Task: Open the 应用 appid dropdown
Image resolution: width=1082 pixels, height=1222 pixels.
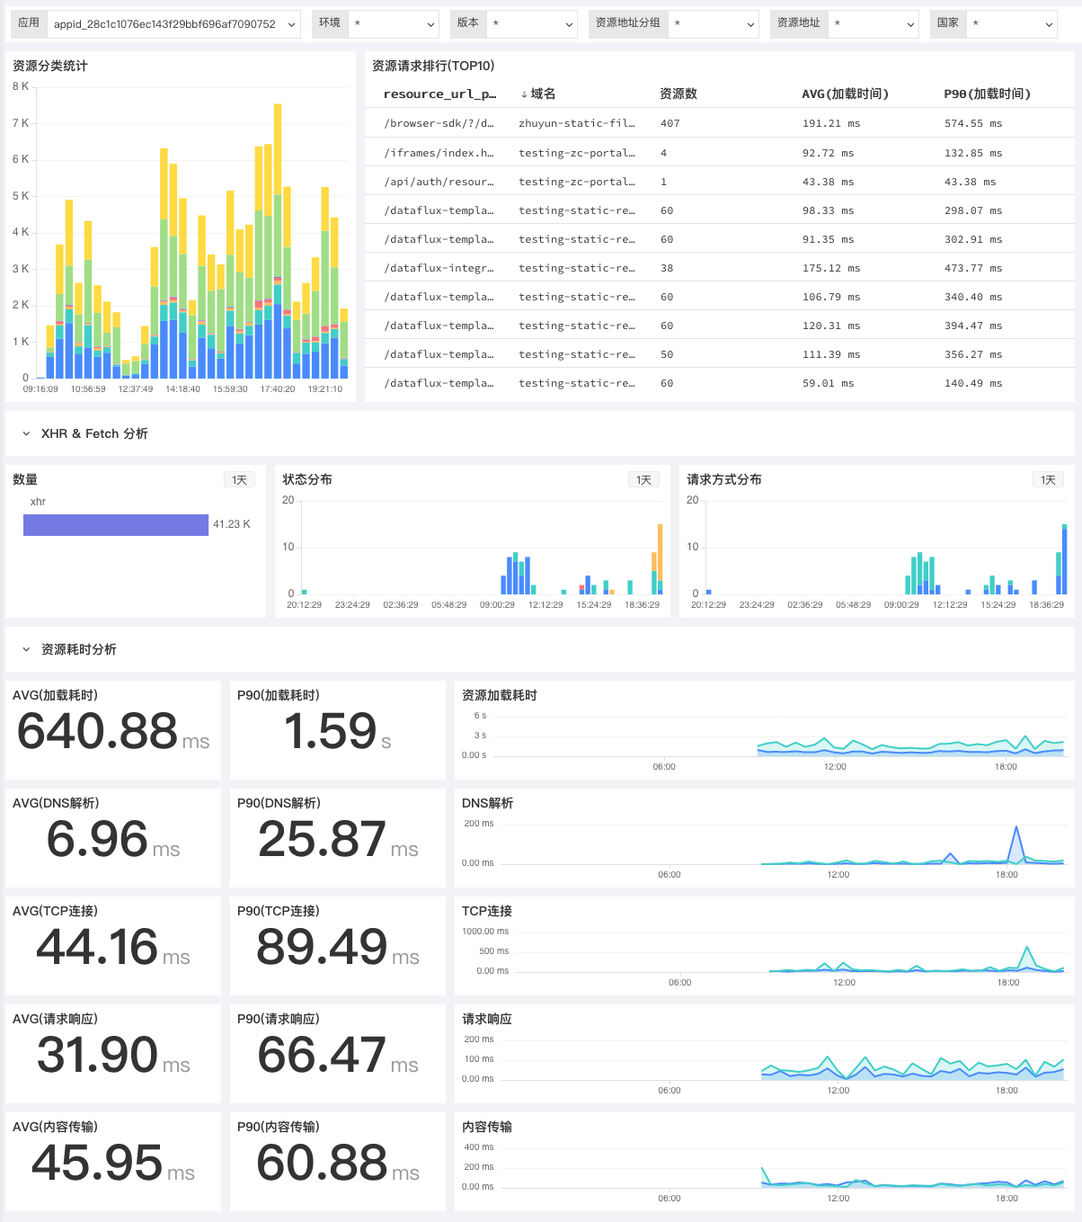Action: pos(173,24)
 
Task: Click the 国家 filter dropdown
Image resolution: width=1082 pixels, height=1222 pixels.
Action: pos(1012,24)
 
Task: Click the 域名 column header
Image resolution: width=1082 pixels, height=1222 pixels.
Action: pos(543,94)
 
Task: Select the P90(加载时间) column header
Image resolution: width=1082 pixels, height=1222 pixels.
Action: pos(987,94)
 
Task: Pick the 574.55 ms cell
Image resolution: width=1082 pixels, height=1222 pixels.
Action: pos(973,123)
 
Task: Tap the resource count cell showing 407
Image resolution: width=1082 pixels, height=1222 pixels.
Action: pos(670,123)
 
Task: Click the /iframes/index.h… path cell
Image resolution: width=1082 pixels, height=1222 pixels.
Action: pos(439,153)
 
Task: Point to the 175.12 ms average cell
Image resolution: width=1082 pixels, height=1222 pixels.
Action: pos(830,268)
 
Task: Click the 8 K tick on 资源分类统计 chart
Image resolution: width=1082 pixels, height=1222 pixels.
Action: pos(21,86)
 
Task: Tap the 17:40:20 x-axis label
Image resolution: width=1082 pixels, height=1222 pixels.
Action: pos(278,389)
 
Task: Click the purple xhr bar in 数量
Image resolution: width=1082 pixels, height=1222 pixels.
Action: pos(116,525)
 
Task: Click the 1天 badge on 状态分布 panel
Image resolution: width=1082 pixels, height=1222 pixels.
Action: pos(643,479)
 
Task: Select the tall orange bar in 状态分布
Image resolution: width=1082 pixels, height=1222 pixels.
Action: pos(660,552)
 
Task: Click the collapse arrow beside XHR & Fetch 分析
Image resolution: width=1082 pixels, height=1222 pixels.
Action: pos(26,433)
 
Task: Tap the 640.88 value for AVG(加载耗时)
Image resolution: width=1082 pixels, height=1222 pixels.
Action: pos(97,731)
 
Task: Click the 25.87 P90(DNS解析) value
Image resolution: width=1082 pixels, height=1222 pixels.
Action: pos(322,839)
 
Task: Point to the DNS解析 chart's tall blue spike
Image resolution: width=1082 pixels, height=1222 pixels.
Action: pos(1016,827)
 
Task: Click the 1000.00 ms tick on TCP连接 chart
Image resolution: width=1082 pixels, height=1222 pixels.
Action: pos(485,932)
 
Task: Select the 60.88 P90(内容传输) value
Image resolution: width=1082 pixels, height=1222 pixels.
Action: pos(322,1163)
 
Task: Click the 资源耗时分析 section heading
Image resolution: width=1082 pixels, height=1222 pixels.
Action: pos(78,649)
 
